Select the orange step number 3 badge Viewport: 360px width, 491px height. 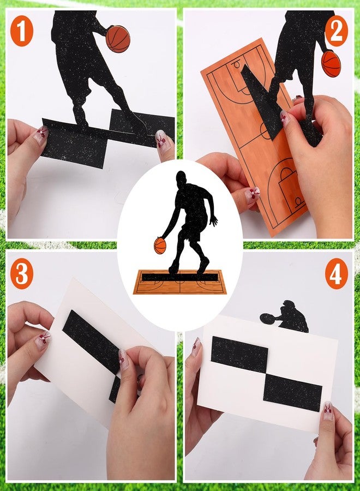(x=22, y=274)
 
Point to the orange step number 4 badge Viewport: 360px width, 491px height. (x=336, y=274)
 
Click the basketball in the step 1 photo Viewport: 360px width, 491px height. (x=118, y=39)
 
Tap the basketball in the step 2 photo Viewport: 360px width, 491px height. (x=331, y=64)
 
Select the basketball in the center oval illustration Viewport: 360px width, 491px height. (x=160, y=246)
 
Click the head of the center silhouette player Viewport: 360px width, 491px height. (x=181, y=178)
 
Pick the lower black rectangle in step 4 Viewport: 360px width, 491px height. (x=293, y=393)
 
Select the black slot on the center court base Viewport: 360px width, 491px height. (x=179, y=277)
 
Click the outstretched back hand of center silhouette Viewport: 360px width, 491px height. (x=213, y=220)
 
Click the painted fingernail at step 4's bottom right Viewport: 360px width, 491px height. (x=327, y=411)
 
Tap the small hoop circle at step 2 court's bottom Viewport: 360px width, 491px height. (x=298, y=201)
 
